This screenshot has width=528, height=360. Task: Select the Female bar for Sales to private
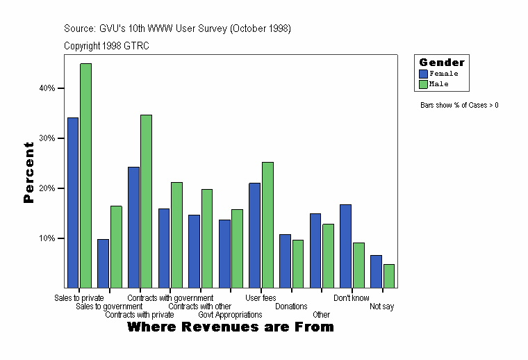(x=72, y=202)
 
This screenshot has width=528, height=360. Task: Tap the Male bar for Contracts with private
(x=146, y=201)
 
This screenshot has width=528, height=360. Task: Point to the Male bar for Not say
(x=389, y=275)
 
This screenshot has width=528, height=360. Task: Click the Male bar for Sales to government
(x=116, y=246)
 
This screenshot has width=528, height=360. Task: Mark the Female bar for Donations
(x=285, y=261)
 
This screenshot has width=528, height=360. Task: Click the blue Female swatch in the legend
(x=423, y=74)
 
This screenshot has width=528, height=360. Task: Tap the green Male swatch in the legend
(x=423, y=84)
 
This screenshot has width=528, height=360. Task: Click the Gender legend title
(x=441, y=63)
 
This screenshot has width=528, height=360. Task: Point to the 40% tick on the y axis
(x=62, y=88)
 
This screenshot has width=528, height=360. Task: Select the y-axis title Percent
(x=28, y=172)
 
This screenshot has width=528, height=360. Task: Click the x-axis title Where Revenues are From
(x=231, y=327)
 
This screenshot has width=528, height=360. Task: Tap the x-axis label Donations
(x=291, y=306)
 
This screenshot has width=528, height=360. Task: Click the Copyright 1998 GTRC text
(x=106, y=46)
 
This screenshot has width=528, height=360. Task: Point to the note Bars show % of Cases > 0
(x=459, y=106)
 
